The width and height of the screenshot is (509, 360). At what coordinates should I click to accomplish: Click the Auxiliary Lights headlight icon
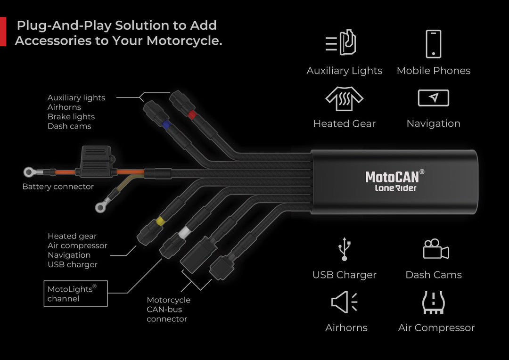point(341,43)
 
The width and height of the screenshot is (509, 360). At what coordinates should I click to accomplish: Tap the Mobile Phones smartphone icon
point(433,44)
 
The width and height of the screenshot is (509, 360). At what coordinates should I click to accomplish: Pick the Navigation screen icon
point(433,98)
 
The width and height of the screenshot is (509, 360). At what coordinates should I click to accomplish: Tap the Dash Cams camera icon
point(435,249)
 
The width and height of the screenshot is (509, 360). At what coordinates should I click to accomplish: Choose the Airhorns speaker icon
point(345,302)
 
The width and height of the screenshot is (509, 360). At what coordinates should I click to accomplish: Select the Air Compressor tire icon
point(433,303)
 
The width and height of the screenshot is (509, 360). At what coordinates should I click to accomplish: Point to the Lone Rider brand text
point(395,188)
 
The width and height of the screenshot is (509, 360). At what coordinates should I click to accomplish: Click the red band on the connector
point(191,115)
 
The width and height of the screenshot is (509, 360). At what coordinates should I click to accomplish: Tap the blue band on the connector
point(165,125)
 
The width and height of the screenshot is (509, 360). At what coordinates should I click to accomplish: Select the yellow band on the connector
point(160,220)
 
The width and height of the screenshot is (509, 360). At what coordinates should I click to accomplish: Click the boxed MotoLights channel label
point(75,293)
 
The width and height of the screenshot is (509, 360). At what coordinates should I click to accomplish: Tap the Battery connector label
point(58,187)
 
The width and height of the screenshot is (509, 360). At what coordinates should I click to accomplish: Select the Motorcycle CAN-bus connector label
point(168,310)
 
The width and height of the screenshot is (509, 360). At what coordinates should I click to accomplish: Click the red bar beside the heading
point(3,32)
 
